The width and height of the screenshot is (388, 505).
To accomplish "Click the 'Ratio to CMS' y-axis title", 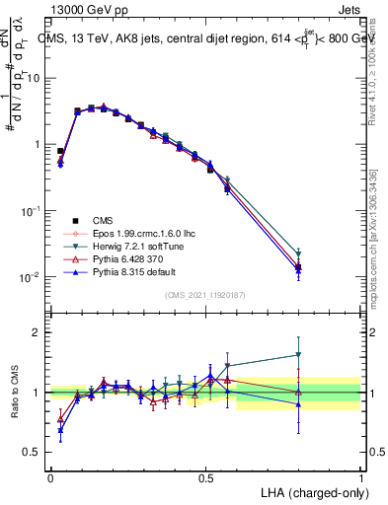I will click(x=15, y=393).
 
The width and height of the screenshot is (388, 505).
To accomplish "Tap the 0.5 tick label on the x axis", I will click(x=205, y=476).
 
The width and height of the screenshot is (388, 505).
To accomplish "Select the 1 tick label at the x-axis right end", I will click(x=361, y=476).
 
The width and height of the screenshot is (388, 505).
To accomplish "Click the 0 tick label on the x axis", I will click(x=50, y=476).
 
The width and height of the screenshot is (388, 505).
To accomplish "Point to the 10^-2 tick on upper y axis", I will click(x=33, y=278).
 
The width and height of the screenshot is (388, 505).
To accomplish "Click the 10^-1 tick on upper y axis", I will click(x=33, y=211).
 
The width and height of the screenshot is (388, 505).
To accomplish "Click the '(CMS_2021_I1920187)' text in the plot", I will click(x=205, y=295).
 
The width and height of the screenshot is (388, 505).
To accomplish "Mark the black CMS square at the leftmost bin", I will click(x=60, y=151).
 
